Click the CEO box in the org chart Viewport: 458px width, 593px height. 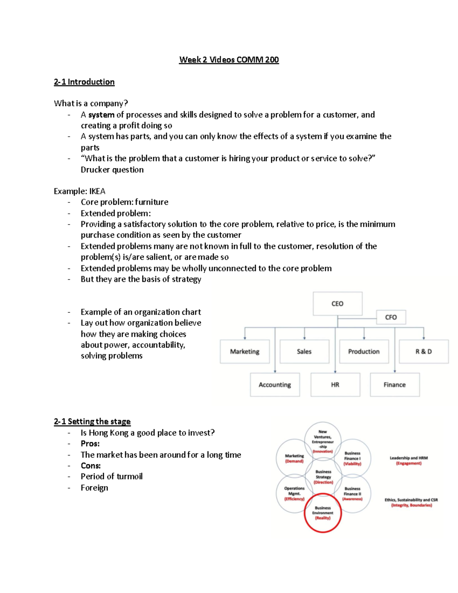point(337,304)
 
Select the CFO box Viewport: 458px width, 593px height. point(391,317)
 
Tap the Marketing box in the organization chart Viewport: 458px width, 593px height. point(245,352)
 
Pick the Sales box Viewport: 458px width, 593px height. point(304,352)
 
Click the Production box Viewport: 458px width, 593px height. point(364,352)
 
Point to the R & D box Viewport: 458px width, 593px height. point(424,352)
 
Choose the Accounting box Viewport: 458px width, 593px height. point(275,385)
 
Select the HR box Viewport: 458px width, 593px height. point(335,385)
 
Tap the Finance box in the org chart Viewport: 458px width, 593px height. point(395,385)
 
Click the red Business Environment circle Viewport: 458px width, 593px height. point(323,513)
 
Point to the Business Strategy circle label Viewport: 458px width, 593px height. point(323,477)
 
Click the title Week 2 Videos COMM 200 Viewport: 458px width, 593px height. point(229,60)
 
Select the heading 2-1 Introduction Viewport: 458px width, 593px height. point(84,82)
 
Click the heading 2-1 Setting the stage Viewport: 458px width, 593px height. point(92,422)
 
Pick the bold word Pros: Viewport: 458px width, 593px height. point(90,444)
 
